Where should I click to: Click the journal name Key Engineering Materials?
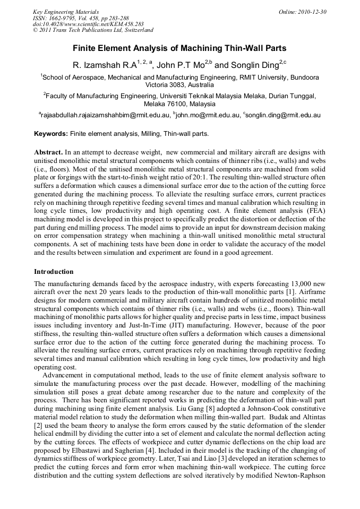click(66, 11)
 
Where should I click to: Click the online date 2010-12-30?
click(311, 11)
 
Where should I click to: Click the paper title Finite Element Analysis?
click(179, 48)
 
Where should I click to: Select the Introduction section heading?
click(54, 272)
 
